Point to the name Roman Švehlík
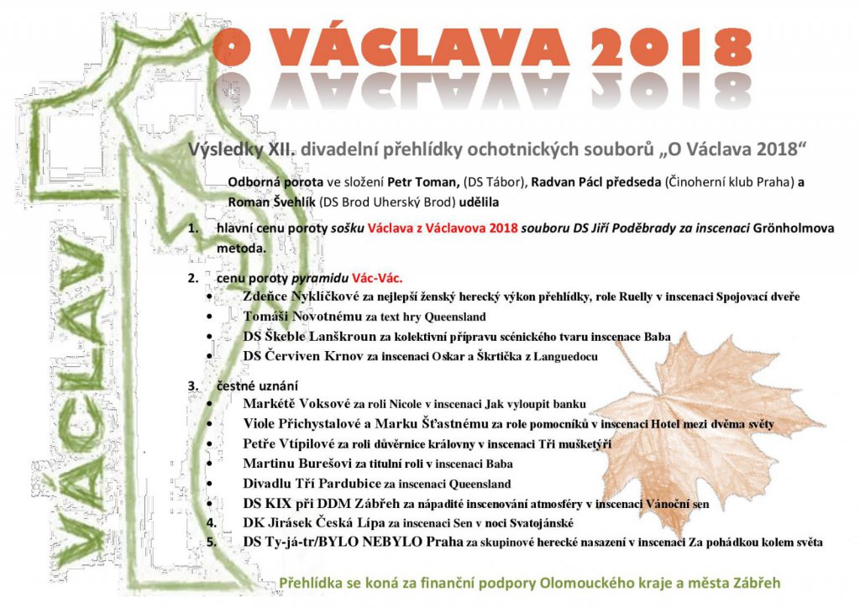[x=269, y=202]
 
